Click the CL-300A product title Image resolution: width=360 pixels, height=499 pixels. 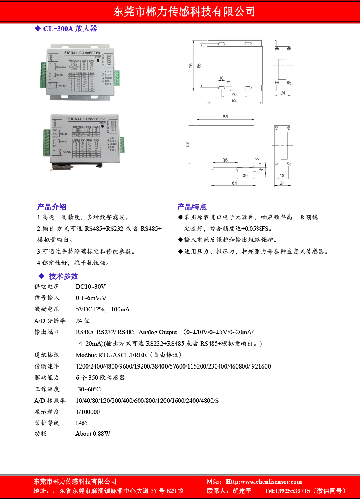(x=70, y=29)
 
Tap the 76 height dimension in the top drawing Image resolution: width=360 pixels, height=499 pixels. (x=190, y=66)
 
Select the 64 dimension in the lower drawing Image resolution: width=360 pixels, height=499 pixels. (x=234, y=183)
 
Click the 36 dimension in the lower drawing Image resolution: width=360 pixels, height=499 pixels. (x=225, y=160)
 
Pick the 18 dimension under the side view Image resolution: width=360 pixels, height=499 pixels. (x=282, y=176)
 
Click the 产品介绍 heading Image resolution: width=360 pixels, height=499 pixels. (x=52, y=207)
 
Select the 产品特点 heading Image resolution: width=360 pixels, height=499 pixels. (x=192, y=207)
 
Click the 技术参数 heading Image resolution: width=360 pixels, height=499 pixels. (x=63, y=276)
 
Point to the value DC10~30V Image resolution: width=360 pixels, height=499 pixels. (x=91, y=287)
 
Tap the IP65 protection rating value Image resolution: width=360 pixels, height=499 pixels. (x=81, y=423)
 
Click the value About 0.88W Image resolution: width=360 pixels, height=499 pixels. (x=93, y=434)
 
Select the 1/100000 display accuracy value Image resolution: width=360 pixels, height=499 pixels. (x=88, y=412)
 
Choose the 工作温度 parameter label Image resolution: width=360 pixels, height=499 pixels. (x=47, y=389)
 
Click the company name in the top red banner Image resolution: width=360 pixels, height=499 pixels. (x=184, y=11)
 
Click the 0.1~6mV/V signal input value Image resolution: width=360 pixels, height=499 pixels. (x=91, y=298)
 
